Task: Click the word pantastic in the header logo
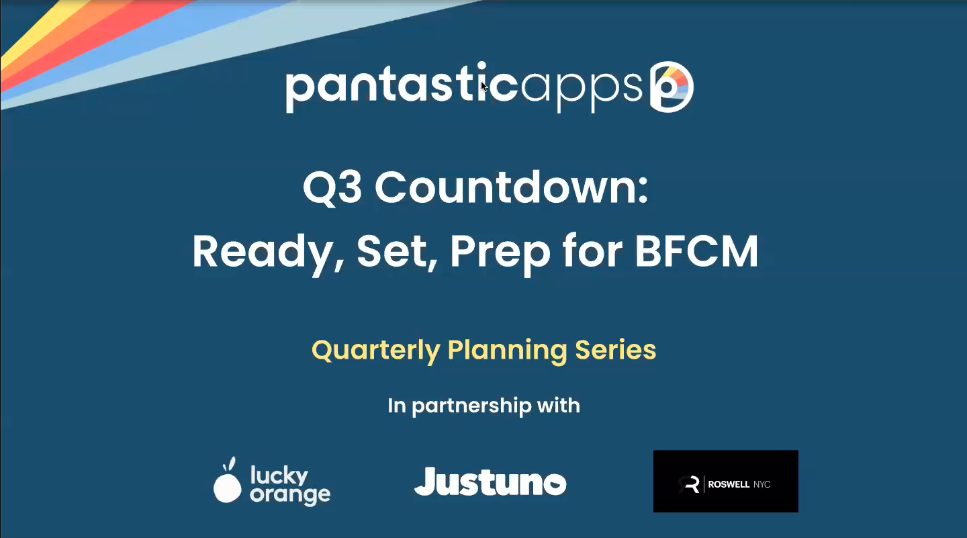pos(402,87)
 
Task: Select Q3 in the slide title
pos(332,188)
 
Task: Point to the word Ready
pos(268,253)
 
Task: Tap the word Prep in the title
pos(500,254)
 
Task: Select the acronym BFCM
pos(696,251)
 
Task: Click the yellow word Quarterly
pos(375,351)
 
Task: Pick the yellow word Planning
pos(507,351)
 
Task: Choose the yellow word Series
pos(615,349)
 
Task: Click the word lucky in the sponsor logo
pos(279,476)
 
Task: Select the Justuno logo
pos(490,482)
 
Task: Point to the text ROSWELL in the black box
pos(729,484)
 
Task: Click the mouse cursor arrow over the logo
pos(484,87)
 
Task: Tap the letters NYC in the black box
pos(762,484)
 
